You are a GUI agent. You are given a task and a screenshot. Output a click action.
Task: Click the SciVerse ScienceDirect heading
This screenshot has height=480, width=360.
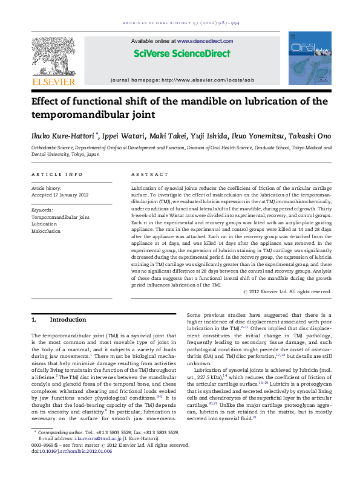(x=182, y=53)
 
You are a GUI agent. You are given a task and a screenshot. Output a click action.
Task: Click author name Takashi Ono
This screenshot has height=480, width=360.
(x=307, y=135)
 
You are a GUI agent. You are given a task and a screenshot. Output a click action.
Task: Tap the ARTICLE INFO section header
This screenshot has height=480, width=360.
(x=57, y=174)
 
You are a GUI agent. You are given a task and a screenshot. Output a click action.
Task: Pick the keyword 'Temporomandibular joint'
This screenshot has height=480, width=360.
(x=60, y=216)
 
